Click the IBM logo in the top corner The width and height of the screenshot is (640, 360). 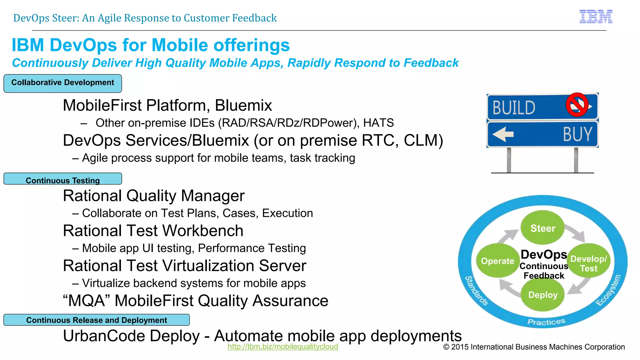click(596, 17)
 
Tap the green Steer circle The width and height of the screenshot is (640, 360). click(542, 228)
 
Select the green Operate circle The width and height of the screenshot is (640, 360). click(497, 261)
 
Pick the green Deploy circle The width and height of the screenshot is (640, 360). click(543, 295)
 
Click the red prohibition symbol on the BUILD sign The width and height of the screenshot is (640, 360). click(577, 105)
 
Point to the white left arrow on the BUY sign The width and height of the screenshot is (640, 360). click(503, 134)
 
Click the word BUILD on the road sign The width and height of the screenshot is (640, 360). click(514, 108)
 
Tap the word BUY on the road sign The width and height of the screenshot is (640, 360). click(577, 134)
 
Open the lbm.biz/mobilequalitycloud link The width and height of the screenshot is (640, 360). click(282, 347)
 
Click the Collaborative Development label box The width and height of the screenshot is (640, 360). click(62, 83)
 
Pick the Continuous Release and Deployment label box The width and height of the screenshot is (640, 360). click(96, 320)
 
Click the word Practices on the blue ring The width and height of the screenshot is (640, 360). click(546, 322)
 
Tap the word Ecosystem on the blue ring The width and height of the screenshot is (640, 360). click(608, 290)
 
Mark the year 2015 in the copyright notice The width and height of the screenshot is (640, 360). click(460, 347)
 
